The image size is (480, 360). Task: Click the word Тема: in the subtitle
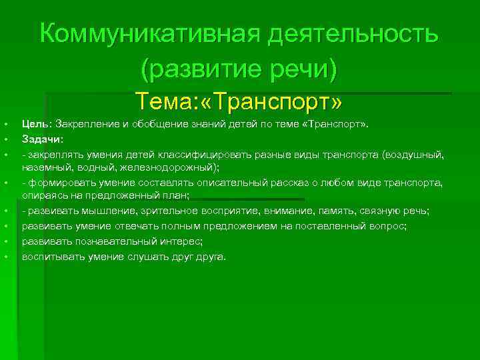point(161,102)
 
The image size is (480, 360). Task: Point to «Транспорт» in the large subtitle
point(268,102)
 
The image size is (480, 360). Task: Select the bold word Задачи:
point(43,139)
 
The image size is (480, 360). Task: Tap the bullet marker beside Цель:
point(5,124)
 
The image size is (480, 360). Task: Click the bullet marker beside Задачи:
point(5,139)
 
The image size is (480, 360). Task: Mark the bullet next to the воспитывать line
point(5,257)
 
